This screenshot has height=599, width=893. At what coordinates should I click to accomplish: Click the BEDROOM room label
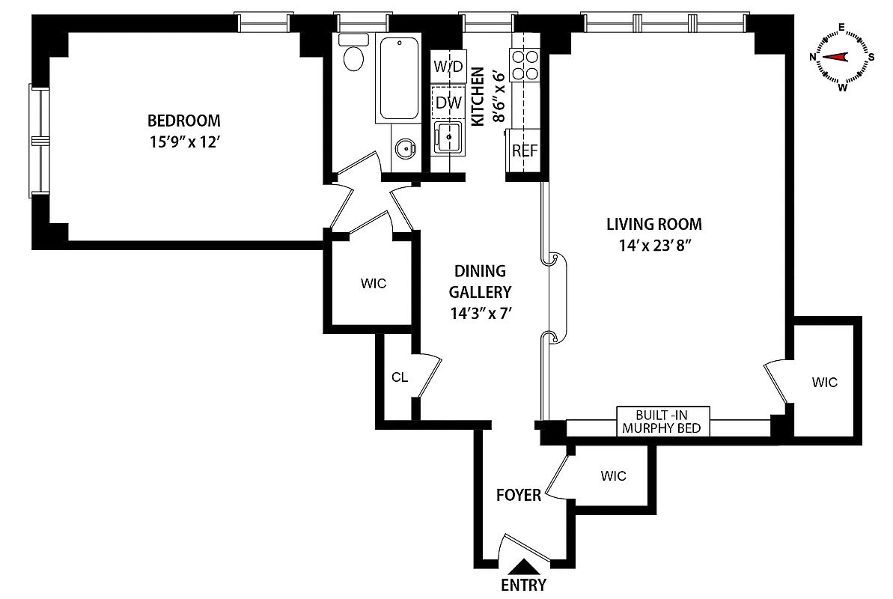[183, 120]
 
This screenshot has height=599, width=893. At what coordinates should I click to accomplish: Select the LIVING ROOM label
[653, 223]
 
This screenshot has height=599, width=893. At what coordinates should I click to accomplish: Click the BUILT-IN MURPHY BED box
[662, 421]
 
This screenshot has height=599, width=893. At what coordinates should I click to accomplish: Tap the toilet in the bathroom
[353, 54]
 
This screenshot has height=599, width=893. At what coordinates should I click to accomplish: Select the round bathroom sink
[406, 148]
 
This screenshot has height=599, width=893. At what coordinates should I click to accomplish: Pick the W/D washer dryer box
[448, 65]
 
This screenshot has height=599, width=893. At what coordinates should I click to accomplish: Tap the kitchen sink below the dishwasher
[449, 138]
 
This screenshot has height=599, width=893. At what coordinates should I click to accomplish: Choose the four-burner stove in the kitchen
[523, 65]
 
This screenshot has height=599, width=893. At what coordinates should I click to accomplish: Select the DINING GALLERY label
[480, 282]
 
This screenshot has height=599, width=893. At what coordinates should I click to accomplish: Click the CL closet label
[400, 377]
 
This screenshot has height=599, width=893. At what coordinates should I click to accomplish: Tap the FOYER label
[519, 495]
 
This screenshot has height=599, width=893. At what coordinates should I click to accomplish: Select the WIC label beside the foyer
[613, 475]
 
